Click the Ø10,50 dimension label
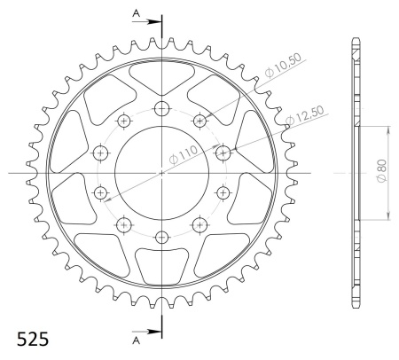[283, 66]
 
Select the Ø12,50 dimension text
[304, 115]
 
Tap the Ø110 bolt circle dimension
[184, 155]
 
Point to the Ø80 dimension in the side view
[381, 171]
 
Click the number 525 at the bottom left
[33, 340]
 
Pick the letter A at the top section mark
[136, 13]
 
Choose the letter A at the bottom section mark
[136, 340]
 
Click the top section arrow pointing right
[146, 21]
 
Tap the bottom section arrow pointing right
[146, 332]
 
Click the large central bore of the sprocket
[162, 173]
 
